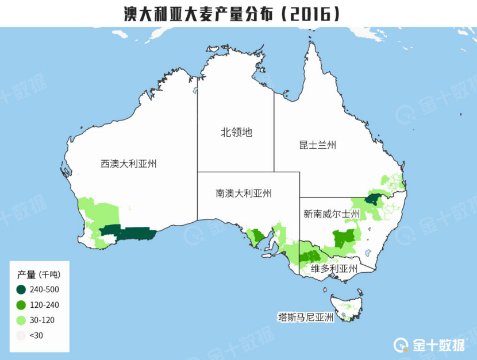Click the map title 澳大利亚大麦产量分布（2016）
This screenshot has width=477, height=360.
click(x=232, y=14)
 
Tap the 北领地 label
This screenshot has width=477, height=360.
click(x=236, y=133)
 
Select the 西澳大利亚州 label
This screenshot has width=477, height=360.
click(x=129, y=164)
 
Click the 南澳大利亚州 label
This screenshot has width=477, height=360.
click(x=244, y=193)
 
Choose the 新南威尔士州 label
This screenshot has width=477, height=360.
click(x=332, y=214)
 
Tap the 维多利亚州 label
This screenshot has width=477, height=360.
click(x=334, y=269)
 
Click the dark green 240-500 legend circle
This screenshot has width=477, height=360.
click(x=21, y=289)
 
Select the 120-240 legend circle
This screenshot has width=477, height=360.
click(x=21, y=305)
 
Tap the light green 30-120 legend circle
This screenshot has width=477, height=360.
click(x=21, y=320)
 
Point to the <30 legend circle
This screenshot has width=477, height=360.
click(x=21, y=335)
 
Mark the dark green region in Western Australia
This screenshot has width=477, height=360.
click(x=129, y=234)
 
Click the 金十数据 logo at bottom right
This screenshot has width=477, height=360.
click(x=430, y=344)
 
